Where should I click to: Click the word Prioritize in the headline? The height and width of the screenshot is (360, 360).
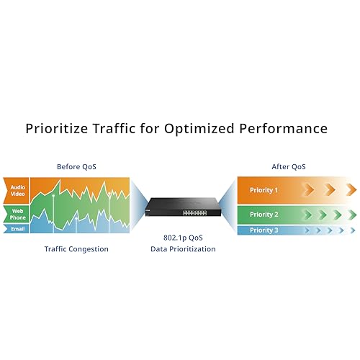57,128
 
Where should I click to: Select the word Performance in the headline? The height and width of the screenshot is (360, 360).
284,128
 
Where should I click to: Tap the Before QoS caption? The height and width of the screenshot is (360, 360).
76,166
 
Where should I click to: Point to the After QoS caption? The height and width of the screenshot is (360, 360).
289,166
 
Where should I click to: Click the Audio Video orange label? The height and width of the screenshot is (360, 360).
17,191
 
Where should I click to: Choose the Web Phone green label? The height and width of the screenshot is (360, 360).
17,214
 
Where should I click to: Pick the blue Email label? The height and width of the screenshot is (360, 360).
17,229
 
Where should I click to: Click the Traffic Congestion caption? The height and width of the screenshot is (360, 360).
76,249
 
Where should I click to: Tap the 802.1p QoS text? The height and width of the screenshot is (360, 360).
183,238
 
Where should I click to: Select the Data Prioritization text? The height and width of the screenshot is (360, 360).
183,249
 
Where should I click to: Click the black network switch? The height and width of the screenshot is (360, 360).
183,207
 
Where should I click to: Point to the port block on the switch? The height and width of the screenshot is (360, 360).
194,212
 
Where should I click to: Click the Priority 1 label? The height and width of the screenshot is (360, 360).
264,190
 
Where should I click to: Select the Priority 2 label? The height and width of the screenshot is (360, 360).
264,215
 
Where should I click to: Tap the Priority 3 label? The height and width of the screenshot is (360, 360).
264,230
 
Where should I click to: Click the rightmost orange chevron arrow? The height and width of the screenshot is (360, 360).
352,189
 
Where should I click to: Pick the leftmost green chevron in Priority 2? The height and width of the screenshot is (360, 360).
308,215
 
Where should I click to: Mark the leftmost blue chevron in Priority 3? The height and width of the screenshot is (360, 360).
307,230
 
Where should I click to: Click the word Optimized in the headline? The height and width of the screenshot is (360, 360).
199,128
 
